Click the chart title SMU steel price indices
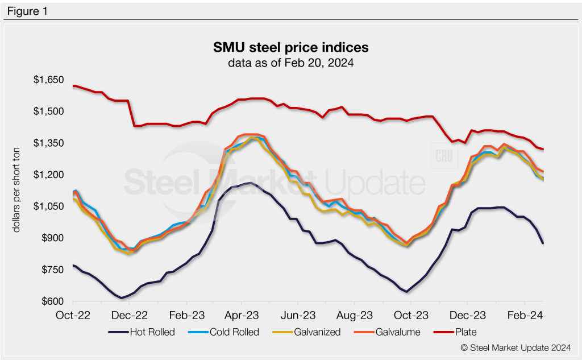(290, 46)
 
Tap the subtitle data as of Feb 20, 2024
(290, 63)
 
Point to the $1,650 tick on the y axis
(48, 80)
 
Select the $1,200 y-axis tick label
(48, 175)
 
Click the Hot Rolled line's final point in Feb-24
(543, 243)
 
